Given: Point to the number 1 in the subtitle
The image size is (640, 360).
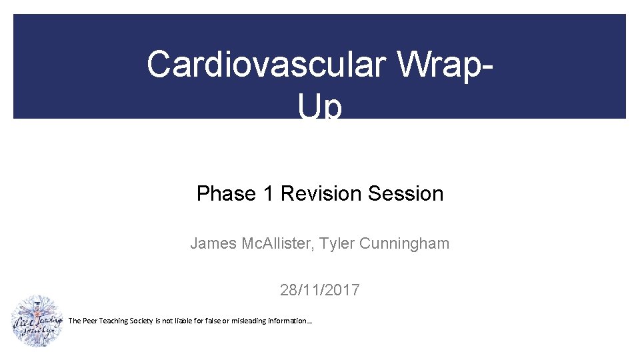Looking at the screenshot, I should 268,193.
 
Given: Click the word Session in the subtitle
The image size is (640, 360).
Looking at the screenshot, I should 405,193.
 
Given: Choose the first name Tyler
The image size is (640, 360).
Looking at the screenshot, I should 337,243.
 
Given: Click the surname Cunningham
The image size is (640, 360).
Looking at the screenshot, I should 404,243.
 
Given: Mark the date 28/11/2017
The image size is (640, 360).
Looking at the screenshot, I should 320,290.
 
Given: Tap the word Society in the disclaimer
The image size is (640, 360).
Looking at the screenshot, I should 140,321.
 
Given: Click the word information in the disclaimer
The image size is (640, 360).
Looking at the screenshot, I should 288,321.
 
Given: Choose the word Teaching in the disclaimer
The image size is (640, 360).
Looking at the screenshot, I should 112,321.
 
